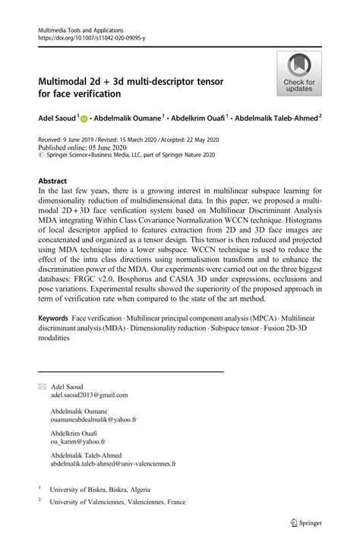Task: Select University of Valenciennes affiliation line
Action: click(x=117, y=503)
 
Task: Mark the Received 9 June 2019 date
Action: click(x=67, y=140)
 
